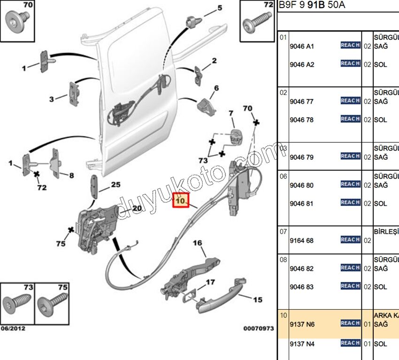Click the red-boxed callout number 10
pos(180,202)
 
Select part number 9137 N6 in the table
pos(302,324)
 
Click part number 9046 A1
pos(302,47)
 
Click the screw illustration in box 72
pos(256,20)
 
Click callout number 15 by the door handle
pos(258,300)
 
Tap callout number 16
pos(197,243)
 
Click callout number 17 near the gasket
pos(210,282)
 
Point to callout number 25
pos(115,185)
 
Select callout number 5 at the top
pos(219,8)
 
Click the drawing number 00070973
pos(258,329)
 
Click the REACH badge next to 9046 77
pos(350,101)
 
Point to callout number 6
pos(216,88)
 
